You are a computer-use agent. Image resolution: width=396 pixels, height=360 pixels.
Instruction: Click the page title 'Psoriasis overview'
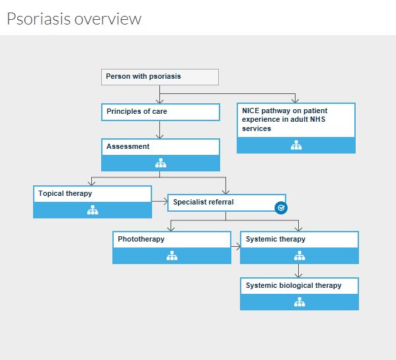(74, 19)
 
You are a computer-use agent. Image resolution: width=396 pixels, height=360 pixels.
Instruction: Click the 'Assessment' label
(128, 147)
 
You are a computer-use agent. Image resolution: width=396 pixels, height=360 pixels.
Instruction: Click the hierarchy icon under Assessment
(160, 163)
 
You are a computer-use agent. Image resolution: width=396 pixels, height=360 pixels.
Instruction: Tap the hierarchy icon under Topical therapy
(93, 210)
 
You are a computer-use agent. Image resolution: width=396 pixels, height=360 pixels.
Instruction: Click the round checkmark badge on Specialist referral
(281, 208)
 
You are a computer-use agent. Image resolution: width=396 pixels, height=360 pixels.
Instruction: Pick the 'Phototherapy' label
(141, 239)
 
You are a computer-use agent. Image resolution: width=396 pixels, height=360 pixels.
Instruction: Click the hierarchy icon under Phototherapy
(172, 255)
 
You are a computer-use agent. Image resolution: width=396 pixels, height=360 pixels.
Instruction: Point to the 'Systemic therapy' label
(276, 239)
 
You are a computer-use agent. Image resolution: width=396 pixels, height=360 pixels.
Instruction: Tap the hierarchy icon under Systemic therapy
(299, 255)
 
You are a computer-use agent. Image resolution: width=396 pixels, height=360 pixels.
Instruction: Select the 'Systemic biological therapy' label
(294, 285)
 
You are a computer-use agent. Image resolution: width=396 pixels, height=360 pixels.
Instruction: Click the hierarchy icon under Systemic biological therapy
(299, 302)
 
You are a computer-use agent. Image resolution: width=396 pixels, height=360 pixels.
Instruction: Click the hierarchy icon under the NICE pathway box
(296, 146)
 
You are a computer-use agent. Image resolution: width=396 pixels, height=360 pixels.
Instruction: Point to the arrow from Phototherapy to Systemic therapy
(235, 247)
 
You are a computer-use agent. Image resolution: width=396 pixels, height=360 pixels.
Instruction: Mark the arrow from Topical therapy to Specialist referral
(159, 201)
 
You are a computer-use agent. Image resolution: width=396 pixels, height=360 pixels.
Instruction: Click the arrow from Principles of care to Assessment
(160, 130)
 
